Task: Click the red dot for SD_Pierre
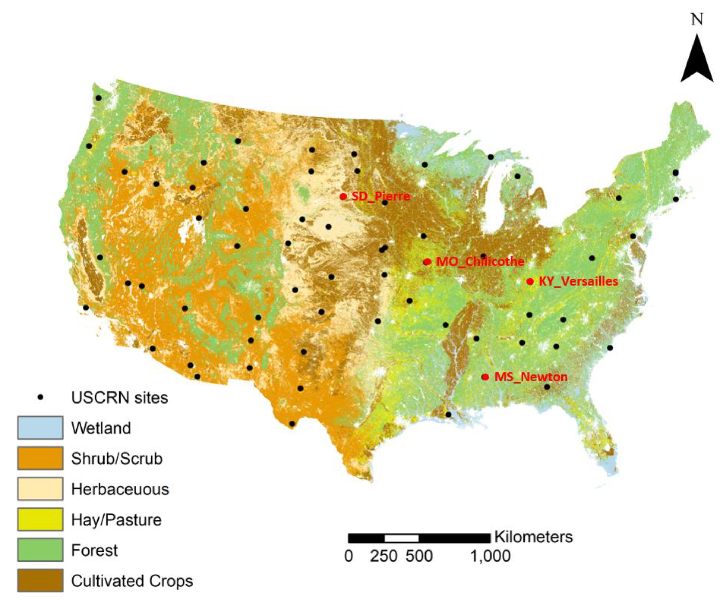(x=343, y=196)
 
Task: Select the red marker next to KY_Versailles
(x=530, y=281)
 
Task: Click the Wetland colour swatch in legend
(x=40, y=428)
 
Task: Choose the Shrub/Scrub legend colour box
(x=40, y=458)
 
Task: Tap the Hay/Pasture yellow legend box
(x=40, y=519)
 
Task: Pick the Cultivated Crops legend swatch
(x=40, y=580)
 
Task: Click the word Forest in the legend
(x=94, y=550)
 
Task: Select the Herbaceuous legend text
(x=120, y=489)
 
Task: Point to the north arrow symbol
(x=697, y=61)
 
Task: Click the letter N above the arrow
(x=697, y=20)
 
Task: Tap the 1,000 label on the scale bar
(x=490, y=556)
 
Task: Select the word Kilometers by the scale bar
(x=533, y=537)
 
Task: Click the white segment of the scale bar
(x=401, y=538)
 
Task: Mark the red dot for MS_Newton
(x=485, y=377)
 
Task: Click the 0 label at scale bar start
(x=348, y=556)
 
